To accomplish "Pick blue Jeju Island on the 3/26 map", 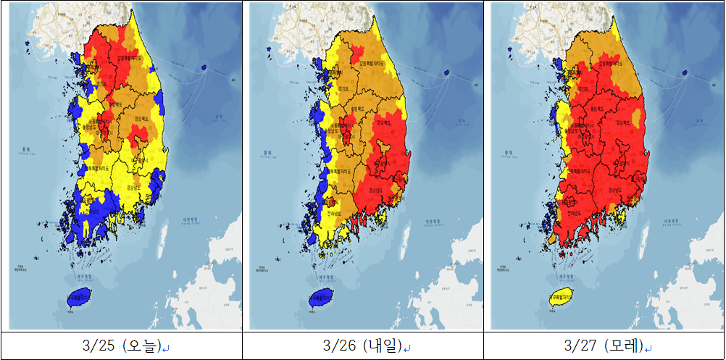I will click(x=323, y=296).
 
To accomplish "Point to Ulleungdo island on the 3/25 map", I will click(x=204, y=67).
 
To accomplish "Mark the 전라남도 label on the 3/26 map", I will click(x=334, y=214).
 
